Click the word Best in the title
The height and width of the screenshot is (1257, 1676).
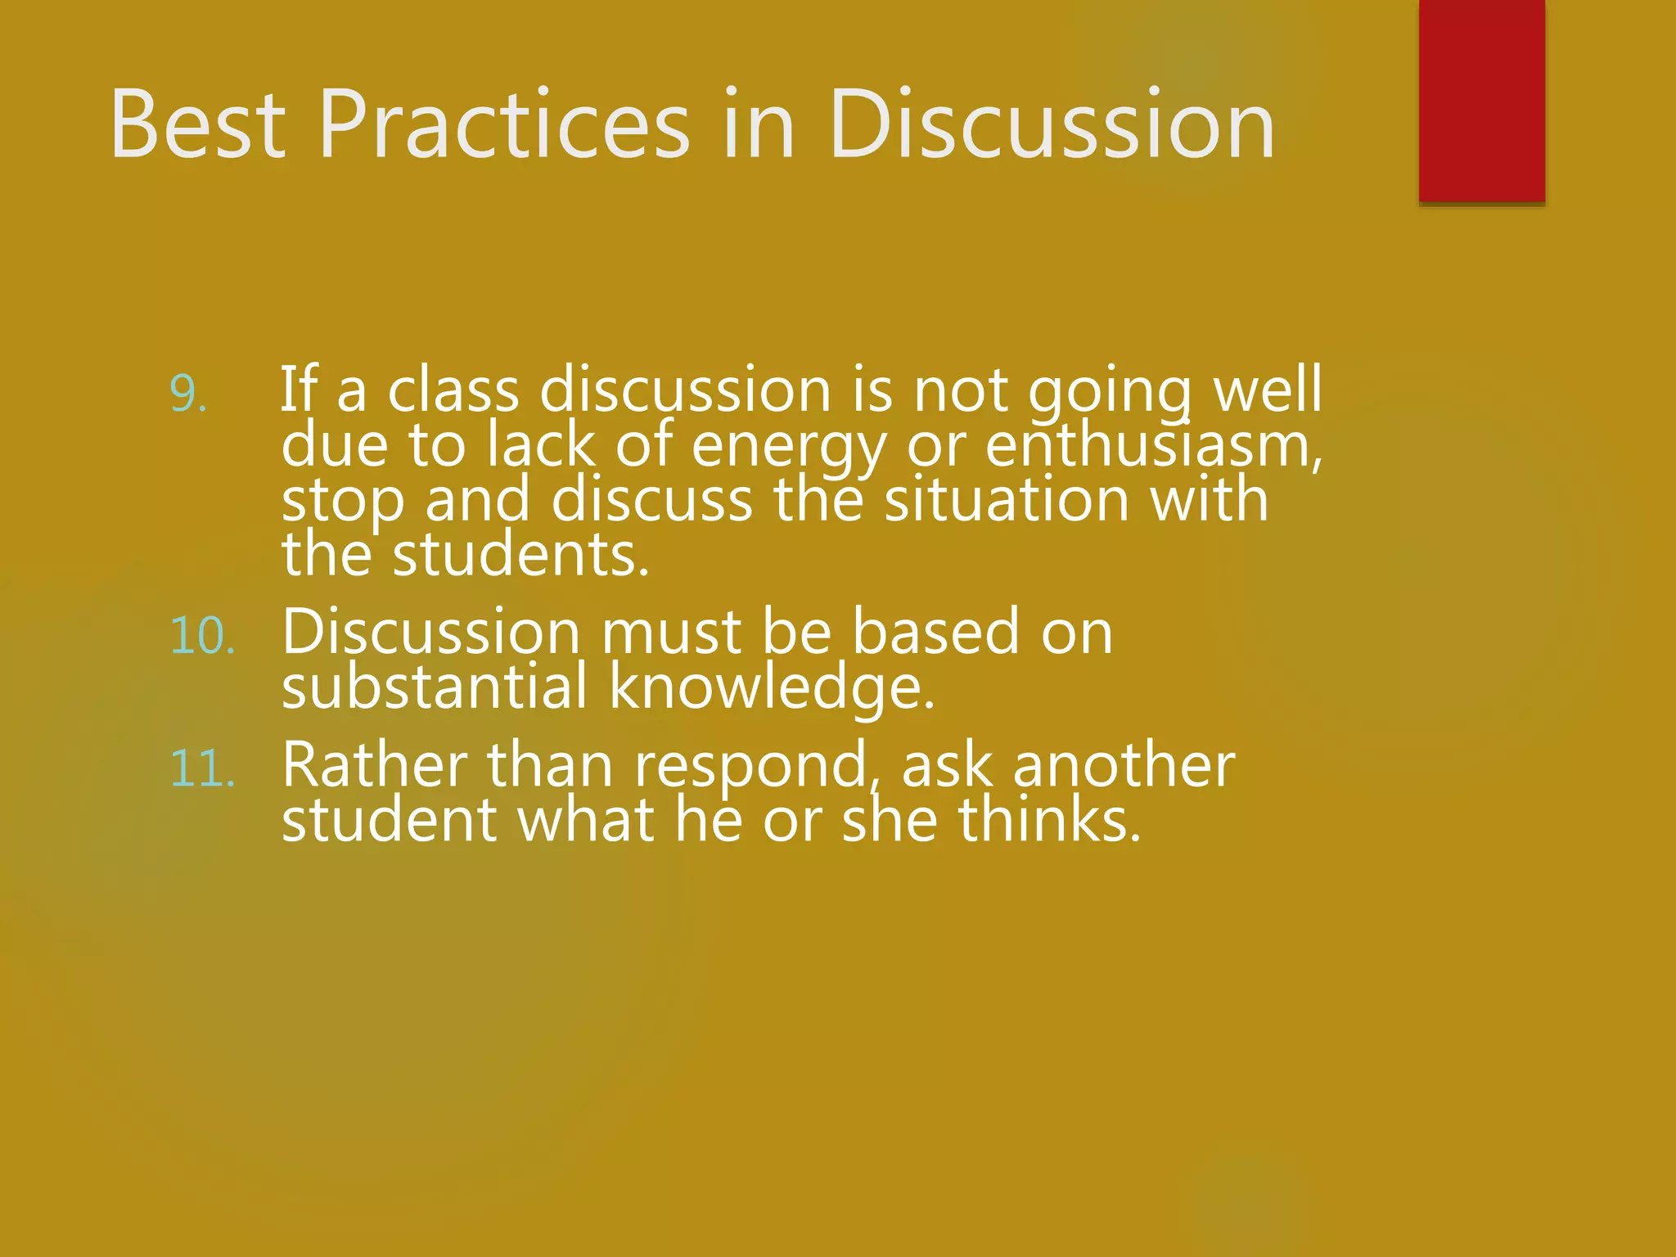pos(198,124)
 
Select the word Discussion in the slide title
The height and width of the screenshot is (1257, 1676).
pos(1052,124)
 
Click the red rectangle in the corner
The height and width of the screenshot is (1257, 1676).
pos(1481,100)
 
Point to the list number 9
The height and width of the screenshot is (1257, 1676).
pos(187,394)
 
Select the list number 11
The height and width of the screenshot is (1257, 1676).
pos(203,769)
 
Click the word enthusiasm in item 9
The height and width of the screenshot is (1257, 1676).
pos(1153,445)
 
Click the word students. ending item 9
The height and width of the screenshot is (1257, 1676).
pos(520,555)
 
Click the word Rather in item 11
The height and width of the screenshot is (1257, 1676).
pos(375,765)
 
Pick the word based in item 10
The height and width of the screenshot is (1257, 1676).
pos(936,632)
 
